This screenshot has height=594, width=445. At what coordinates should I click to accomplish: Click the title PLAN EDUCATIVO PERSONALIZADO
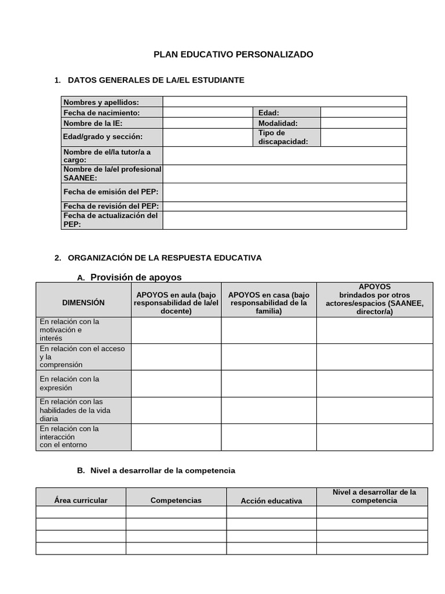click(x=233, y=55)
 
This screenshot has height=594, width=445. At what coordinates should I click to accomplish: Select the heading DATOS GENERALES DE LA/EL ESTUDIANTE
click(x=156, y=80)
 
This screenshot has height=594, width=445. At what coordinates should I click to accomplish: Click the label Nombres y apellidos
click(x=101, y=102)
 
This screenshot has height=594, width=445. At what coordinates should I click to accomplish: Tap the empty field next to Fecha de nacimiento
click(x=208, y=113)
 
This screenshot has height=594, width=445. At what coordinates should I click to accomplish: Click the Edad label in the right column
click(x=269, y=113)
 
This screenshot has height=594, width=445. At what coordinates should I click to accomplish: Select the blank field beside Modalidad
click(x=363, y=123)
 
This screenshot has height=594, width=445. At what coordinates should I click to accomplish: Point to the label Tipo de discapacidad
click(x=283, y=137)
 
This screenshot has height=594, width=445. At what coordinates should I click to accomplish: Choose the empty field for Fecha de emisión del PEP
click(x=284, y=192)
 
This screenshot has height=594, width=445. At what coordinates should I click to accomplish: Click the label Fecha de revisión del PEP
click(x=111, y=206)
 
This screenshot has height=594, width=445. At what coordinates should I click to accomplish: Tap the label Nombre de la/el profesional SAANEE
click(x=112, y=173)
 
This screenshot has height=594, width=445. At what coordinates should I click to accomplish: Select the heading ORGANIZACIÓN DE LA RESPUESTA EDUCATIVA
click(x=165, y=258)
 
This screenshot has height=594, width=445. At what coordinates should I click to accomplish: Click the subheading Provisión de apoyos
click(x=136, y=277)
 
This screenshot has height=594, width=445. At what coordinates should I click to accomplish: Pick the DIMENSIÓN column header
click(x=83, y=302)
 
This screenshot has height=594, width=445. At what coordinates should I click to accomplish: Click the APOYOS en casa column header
click(x=269, y=303)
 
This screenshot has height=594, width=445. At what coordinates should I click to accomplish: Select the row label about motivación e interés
click(x=69, y=329)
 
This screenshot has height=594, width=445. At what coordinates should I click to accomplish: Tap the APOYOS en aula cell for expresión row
click(x=176, y=383)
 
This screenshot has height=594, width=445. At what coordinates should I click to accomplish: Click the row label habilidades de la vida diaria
click(x=75, y=410)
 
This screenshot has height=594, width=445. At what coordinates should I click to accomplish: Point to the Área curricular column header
click(x=81, y=500)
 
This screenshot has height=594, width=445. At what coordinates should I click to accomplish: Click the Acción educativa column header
click(x=271, y=501)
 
